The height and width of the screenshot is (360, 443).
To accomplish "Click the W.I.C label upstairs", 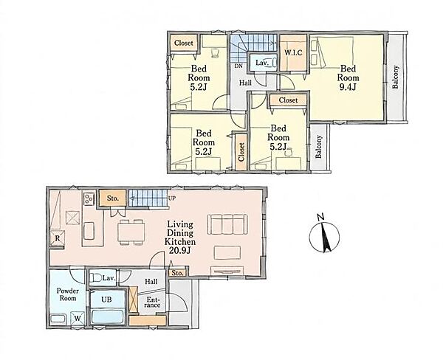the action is [x=293, y=52].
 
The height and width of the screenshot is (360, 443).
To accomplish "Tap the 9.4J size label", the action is [x=348, y=87].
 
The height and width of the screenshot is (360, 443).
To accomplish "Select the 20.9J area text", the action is [x=180, y=250].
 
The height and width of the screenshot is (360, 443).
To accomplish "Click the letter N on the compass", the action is [x=320, y=217].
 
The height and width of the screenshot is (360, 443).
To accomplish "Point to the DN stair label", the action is [x=238, y=66].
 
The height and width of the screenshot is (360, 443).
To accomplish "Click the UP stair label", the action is [x=172, y=198].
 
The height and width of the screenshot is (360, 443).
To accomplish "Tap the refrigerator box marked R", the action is [x=58, y=238].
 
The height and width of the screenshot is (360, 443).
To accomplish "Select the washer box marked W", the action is [x=78, y=319].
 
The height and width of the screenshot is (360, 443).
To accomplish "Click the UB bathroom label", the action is [x=106, y=300].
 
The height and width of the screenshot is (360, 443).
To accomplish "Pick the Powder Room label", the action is [x=68, y=294].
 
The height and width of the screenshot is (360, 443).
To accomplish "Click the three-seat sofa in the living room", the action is [x=227, y=224].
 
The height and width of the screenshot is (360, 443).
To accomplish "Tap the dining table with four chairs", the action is [x=131, y=232].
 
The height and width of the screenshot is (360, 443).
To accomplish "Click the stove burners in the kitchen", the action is [x=89, y=198].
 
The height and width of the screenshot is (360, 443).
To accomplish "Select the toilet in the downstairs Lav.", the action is [x=95, y=278].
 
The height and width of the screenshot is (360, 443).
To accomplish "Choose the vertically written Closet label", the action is [x=241, y=152].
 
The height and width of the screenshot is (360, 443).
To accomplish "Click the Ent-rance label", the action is [x=154, y=302].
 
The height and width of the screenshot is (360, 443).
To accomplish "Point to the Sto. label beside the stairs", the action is [x=112, y=198].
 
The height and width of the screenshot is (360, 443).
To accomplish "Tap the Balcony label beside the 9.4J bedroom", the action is [x=395, y=77].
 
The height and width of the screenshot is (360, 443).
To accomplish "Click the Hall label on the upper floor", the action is [x=245, y=83].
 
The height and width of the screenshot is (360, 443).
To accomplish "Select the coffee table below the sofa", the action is [x=227, y=252].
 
